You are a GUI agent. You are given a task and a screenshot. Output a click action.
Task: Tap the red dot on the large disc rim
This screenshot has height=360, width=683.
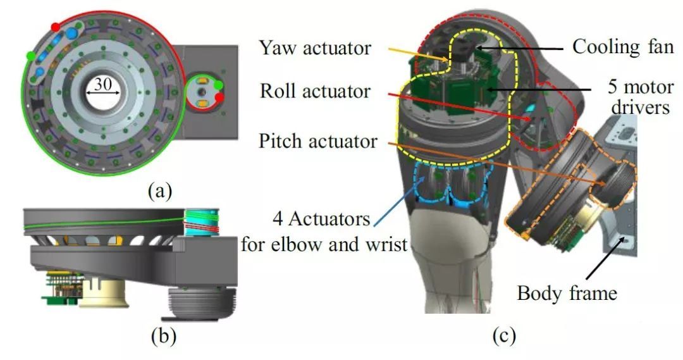point(56,27)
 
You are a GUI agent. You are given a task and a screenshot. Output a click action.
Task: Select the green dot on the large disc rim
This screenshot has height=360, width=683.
point(30,56)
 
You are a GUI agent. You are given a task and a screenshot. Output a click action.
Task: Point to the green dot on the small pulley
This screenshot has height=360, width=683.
point(218,85)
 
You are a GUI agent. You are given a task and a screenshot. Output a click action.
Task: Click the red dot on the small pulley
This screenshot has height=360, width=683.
point(219,97)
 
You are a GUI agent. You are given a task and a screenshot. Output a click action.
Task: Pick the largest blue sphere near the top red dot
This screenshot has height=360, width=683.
point(72,33)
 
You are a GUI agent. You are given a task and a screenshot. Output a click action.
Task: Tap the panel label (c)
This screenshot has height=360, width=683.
point(504,336)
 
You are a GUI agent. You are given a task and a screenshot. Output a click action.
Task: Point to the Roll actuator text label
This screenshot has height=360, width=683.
point(315,91)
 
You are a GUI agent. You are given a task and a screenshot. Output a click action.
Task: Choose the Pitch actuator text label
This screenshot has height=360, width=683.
point(317,140)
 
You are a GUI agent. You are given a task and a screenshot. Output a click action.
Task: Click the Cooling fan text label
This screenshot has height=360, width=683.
point(623,47)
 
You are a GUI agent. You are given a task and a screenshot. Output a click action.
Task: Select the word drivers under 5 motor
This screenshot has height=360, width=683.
point(645,108)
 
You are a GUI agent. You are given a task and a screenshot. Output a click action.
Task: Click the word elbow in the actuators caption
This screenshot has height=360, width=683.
point(305,244)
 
